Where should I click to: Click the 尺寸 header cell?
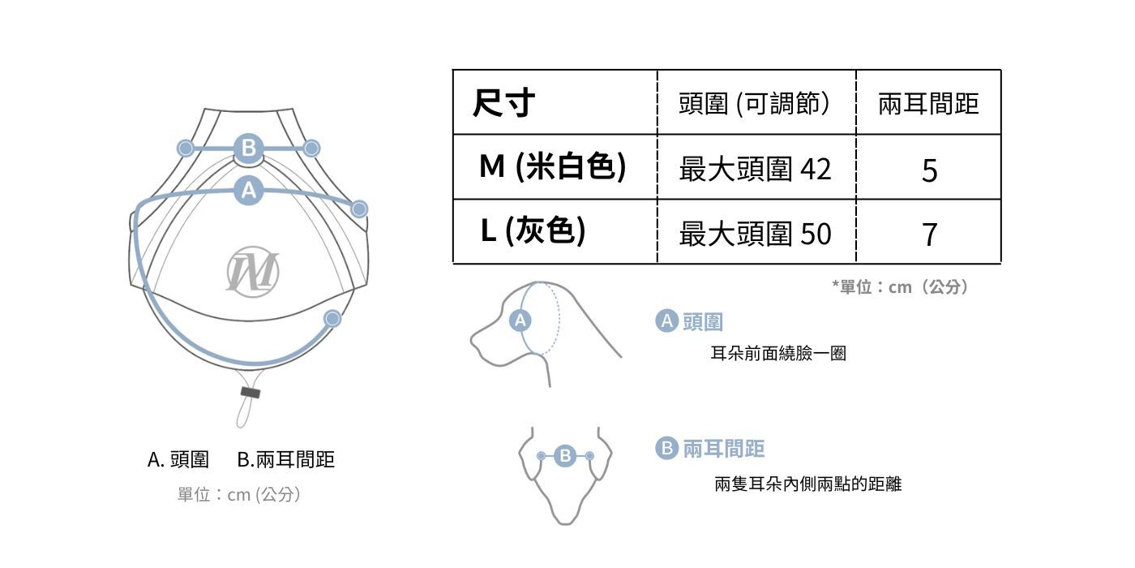point(503,103)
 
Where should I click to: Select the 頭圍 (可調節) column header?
point(755,103)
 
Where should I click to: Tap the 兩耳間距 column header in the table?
point(928,103)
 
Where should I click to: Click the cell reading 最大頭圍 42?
point(755,169)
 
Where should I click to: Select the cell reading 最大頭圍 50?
point(755,234)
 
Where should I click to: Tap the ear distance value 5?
point(929,170)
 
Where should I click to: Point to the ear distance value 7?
point(929,235)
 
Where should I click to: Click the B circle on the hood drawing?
point(248,148)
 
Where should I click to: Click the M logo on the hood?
point(252,273)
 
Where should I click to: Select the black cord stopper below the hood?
point(251,393)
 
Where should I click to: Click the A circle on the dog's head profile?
point(520,321)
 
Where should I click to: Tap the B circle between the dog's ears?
point(566,456)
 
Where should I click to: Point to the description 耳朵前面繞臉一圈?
point(778,354)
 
